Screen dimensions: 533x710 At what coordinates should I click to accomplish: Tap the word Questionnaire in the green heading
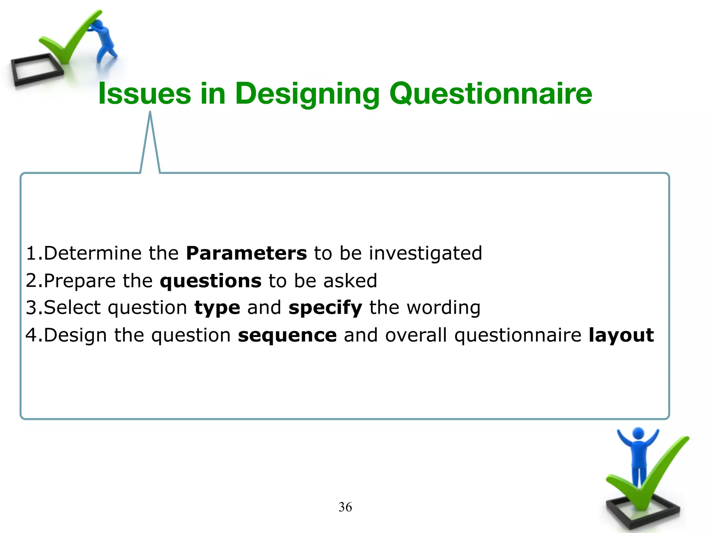click(491, 94)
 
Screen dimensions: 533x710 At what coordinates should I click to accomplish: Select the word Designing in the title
click(307, 94)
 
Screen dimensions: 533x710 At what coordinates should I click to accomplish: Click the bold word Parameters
click(246, 253)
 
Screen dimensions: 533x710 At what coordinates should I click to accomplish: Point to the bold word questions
click(210, 280)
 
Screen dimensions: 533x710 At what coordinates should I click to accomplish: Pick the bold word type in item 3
click(217, 308)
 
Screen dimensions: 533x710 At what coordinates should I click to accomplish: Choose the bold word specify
click(325, 308)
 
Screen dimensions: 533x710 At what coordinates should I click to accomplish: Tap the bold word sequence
click(287, 335)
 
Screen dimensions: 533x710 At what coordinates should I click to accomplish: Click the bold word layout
click(621, 335)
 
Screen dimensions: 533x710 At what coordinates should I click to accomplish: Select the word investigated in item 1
click(425, 253)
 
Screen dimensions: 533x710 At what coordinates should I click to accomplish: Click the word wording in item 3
click(443, 308)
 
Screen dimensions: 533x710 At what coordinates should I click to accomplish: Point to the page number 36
click(345, 507)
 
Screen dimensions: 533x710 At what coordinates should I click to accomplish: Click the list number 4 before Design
click(32, 335)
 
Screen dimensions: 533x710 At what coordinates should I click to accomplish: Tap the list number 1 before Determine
click(32, 253)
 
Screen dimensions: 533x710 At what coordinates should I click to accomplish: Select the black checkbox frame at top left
click(35, 71)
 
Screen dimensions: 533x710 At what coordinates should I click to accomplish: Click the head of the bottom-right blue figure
click(638, 433)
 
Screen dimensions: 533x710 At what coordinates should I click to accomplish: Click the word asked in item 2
click(350, 280)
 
